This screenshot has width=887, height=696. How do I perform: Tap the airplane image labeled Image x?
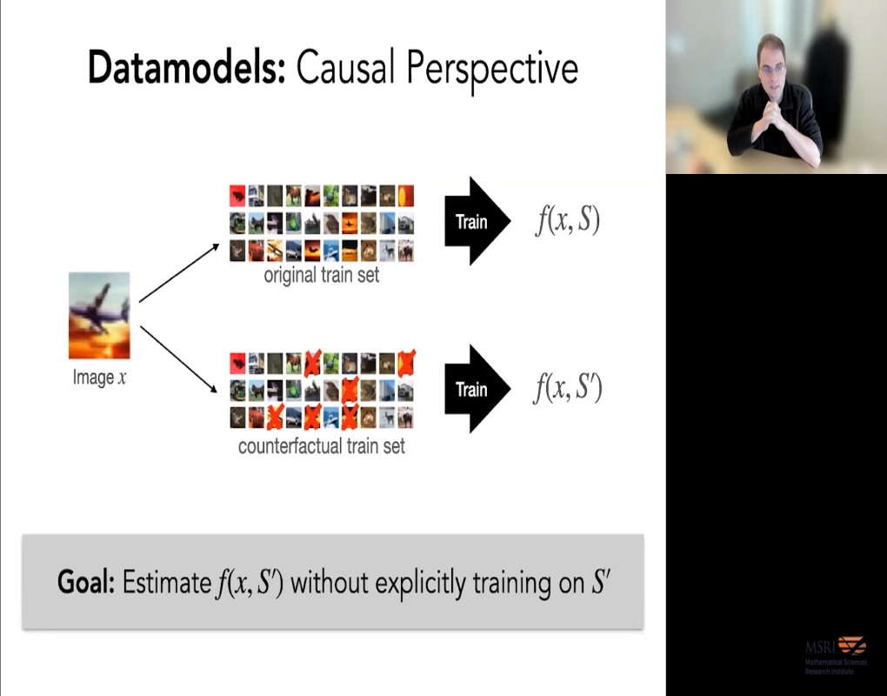[99, 316]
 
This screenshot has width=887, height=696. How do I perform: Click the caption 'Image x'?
[99, 378]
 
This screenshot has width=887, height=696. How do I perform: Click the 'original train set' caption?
[322, 276]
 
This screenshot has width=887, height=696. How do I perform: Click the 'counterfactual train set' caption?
[322, 447]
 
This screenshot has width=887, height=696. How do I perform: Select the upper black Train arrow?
[475, 222]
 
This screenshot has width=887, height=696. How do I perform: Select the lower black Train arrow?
[475, 389]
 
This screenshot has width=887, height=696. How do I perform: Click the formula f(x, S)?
[567, 221]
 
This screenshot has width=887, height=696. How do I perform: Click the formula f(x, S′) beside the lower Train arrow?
[567, 389]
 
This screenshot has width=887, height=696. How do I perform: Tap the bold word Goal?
[85, 582]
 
